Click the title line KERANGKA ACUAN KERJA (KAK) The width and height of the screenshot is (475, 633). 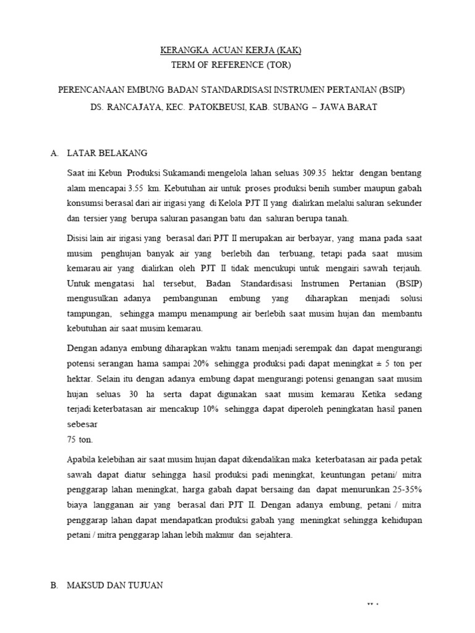(x=231, y=50)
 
